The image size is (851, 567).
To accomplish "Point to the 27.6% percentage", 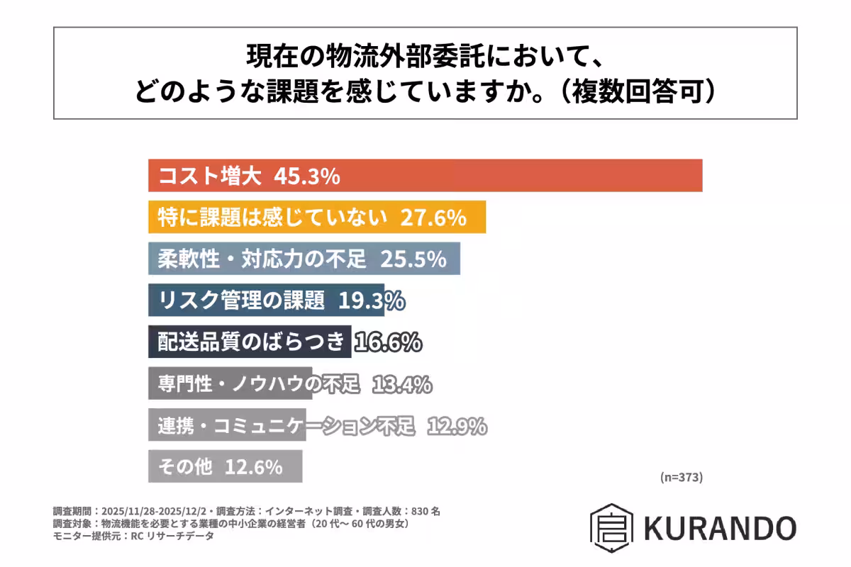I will point(433,217).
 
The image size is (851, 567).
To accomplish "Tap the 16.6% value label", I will point(388,342).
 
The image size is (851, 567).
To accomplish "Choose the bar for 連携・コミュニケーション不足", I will point(227,426).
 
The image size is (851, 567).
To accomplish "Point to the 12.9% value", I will point(456,426).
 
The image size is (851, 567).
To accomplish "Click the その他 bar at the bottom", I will point(226,467).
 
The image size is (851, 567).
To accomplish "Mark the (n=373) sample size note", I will point(681,477).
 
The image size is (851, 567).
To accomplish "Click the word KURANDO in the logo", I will point(720,528).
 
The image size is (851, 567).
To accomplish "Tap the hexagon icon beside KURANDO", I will point(611,528).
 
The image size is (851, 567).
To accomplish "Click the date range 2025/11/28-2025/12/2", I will point(154,511).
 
